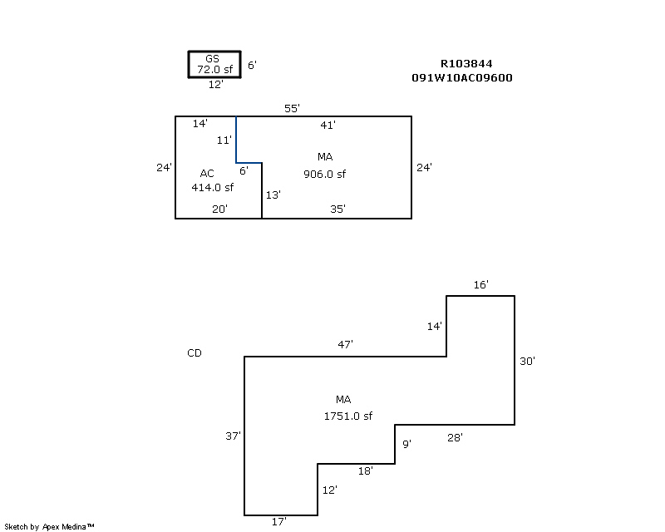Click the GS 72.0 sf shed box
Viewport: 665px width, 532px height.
click(x=214, y=64)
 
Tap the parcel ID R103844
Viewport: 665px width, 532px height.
click(x=467, y=64)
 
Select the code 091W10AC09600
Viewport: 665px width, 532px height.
click(x=461, y=78)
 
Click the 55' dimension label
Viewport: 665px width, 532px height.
click(x=292, y=109)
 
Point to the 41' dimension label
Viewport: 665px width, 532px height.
click(x=328, y=126)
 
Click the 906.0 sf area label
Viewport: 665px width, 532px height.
click(x=324, y=175)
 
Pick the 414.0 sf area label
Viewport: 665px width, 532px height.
click(x=212, y=188)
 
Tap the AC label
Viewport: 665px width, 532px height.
click(x=207, y=174)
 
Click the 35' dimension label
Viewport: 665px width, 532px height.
click(x=337, y=209)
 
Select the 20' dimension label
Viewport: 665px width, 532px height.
click(x=219, y=209)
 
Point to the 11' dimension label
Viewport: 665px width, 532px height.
click(x=224, y=140)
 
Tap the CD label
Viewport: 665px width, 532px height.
click(x=195, y=353)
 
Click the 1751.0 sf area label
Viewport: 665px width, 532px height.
click(x=347, y=416)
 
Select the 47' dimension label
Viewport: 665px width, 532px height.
click(x=346, y=344)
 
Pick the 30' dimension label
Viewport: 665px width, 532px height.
click(x=527, y=362)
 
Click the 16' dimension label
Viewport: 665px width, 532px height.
click(x=480, y=285)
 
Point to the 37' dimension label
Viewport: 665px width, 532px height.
click(x=233, y=436)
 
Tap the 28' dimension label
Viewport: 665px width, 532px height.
click(x=455, y=437)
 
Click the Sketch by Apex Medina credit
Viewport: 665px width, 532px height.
click(x=49, y=526)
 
